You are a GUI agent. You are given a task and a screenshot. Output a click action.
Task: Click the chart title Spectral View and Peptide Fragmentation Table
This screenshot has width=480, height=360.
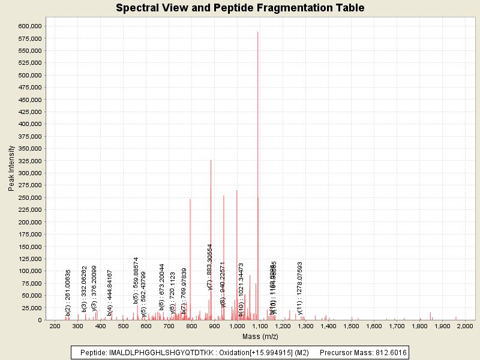pos(239,8)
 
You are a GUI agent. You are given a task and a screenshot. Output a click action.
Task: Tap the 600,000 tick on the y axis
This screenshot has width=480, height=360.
pos(29,26)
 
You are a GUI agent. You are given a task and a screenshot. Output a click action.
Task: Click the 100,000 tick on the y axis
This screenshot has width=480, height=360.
pos(29,271)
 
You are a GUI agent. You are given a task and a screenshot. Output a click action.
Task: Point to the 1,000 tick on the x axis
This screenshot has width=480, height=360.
pos(237,326)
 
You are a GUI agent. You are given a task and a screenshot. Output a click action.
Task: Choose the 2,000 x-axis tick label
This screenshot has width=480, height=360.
pos(465,326)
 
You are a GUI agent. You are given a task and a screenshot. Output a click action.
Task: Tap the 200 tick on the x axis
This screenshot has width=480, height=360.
pos(55,326)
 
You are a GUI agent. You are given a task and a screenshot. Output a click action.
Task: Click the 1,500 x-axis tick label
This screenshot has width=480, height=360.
pos(351,326)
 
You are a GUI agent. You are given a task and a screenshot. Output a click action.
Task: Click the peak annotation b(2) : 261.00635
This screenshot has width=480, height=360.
pos(68,293)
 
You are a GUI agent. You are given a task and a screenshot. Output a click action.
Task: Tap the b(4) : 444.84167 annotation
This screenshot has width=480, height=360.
pos(110,293)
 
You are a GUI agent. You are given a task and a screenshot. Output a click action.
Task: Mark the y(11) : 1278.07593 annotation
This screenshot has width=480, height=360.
pos(300,287)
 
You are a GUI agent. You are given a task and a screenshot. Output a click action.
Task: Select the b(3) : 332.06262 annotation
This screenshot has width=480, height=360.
pos(84,289)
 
